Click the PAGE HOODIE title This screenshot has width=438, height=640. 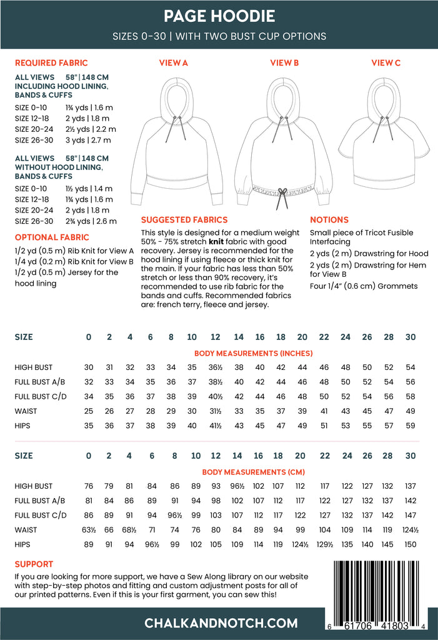pos(219,16)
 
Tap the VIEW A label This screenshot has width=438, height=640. pos(174,62)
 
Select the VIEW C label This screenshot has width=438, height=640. pos(386,62)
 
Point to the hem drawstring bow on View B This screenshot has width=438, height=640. pos(282,191)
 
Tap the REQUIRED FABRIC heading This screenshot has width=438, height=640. pos(51,63)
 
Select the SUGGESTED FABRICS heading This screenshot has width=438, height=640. pos(184,220)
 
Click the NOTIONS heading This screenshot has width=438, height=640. pos(329,220)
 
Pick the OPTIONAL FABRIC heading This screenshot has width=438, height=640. pos(52,237)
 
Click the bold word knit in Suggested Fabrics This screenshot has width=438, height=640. pos(217,240)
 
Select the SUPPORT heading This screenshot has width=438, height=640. pos(34,564)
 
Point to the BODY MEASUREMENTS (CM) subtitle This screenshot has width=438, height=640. pos(244,472)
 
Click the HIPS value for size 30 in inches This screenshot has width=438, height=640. pos(411,426)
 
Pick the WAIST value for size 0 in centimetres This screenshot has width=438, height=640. pos(88,530)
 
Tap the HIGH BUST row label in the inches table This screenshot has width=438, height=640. pos(34,367)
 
